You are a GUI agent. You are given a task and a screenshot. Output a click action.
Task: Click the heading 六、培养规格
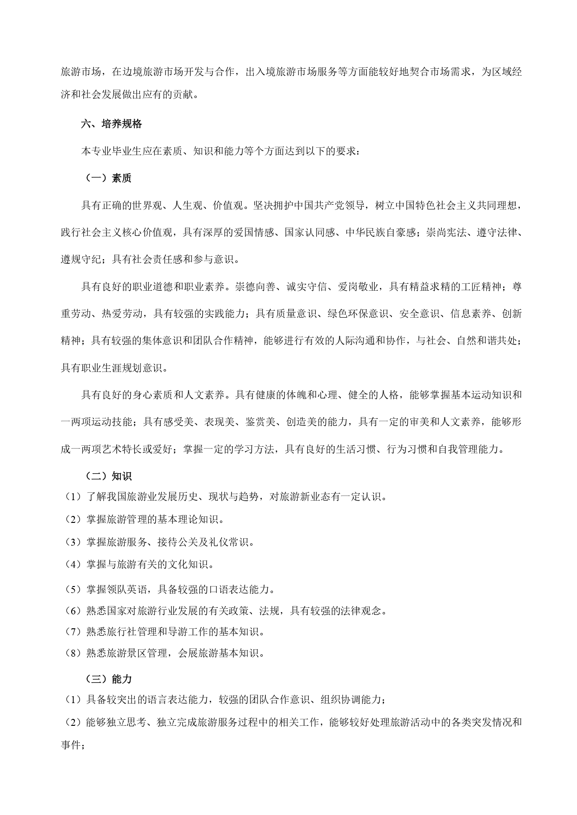(x=112, y=124)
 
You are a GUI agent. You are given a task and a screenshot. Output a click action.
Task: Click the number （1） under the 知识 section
(x=73, y=497)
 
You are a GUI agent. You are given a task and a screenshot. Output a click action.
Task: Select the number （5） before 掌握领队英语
(x=73, y=590)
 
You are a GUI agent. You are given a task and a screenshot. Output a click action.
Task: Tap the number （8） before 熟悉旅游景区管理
(x=73, y=653)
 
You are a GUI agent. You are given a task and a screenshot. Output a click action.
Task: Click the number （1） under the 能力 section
(x=73, y=699)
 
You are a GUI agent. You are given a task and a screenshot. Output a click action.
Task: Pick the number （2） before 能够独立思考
(x=73, y=723)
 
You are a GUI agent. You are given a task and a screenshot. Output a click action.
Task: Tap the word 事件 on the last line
(x=71, y=745)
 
